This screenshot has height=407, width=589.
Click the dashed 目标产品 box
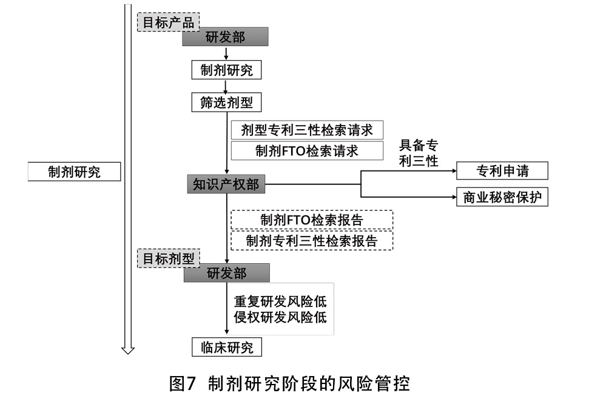tap(168, 22)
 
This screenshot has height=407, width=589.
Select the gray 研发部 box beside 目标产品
tap(226, 37)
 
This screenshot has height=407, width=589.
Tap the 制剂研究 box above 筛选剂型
tap(226, 70)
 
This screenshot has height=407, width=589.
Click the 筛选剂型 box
tap(226, 103)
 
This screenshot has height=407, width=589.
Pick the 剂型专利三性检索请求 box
tap(307, 130)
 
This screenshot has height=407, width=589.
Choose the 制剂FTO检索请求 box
tap(307, 150)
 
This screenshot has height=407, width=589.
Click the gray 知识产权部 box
tap(226, 184)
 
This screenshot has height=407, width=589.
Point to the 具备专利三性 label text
tap(419, 153)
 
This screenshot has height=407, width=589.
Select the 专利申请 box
tap(502, 171)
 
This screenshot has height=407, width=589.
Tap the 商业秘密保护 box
tap(502, 197)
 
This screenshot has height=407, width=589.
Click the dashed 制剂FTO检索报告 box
tap(312, 220)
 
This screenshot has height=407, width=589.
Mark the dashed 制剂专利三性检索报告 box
tap(312, 241)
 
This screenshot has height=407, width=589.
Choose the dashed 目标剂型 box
tap(168, 258)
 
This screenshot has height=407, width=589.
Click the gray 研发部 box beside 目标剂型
tap(226, 273)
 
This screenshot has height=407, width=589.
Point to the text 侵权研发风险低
tap(280, 317)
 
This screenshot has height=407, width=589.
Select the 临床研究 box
tap(226, 348)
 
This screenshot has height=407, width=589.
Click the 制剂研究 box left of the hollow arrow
tap(75, 172)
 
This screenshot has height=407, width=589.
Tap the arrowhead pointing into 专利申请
tap(454, 171)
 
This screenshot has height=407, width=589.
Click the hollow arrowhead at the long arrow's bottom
tap(128, 350)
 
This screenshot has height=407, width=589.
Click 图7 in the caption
tap(183, 384)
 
